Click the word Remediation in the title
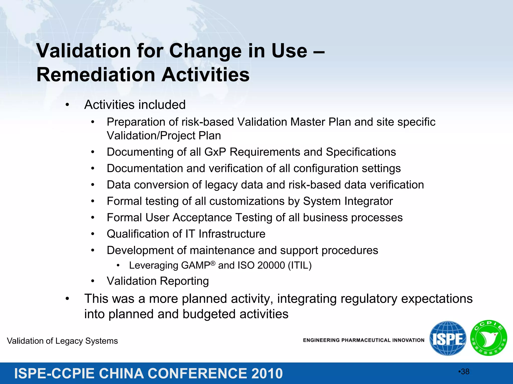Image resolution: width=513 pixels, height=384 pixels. click(x=96, y=75)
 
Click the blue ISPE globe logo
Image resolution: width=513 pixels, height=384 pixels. click(x=448, y=338)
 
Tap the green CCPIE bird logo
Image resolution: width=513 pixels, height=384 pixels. click(x=488, y=338)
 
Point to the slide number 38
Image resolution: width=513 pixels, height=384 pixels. click(x=465, y=372)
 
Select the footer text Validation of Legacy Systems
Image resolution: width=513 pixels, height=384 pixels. click(x=62, y=341)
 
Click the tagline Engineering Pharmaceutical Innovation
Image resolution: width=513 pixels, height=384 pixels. click(x=363, y=340)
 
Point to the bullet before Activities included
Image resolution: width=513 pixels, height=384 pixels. click(x=67, y=105)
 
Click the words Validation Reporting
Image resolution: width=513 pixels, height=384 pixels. click(x=158, y=281)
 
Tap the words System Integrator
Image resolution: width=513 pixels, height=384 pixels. click(x=348, y=201)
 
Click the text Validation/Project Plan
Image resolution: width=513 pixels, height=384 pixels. click(x=164, y=136)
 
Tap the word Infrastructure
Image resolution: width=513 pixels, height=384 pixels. click(x=232, y=234)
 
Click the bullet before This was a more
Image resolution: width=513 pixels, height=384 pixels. click(x=67, y=299)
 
